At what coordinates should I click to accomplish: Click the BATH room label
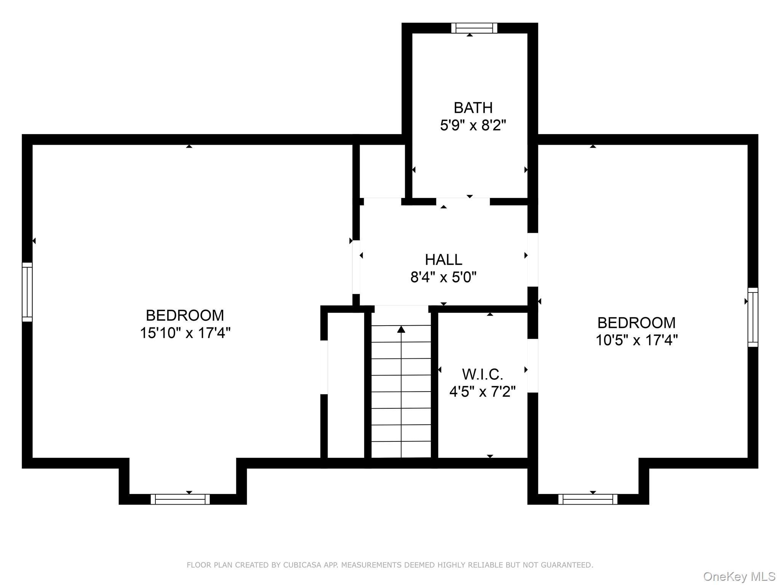pos(473,108)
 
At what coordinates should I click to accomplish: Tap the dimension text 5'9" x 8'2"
pos(473,125)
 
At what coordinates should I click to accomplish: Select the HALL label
pos(443,260)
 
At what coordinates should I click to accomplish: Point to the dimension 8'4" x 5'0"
pos(443,277)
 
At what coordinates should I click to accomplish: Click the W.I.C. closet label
pos(483,374)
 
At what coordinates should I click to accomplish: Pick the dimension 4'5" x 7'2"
pos(483,391)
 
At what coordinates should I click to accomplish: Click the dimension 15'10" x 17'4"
pos(185,333)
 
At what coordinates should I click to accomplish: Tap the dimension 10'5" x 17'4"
pos(636,340)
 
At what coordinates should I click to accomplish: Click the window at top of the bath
pos(474,28)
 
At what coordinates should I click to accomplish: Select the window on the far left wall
pos(27,292)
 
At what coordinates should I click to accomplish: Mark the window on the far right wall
pos(753,317)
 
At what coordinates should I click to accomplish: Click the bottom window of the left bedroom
pos(180,499)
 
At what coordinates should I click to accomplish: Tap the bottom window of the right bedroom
pos(588,499)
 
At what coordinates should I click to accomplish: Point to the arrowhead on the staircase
pos(401,329)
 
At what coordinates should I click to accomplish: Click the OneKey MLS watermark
pos(739,576)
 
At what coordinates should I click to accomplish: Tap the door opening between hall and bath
pos(463,201)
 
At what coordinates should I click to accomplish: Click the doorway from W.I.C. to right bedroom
pos(532,366)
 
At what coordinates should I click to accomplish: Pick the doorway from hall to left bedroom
pos(356,267)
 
